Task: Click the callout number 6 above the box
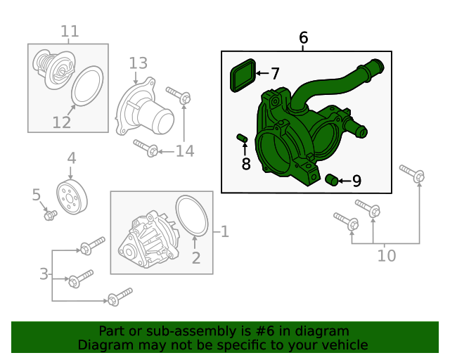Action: (x=303, y=37)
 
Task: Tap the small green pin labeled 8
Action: (x=242, y=138)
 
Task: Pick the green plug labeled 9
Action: (x=332, y=180)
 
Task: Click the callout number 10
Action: (x=387, y=255)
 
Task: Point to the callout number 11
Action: (x=70, y=31)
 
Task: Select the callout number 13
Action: (x=138, y=63)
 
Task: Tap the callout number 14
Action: (x=185, y=151)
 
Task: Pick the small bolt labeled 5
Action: (x=51, y=215)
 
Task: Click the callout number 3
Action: (x=44, y=274)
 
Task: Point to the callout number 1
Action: (x=225, y=231)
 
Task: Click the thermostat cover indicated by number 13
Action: (x=143, y=107)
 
